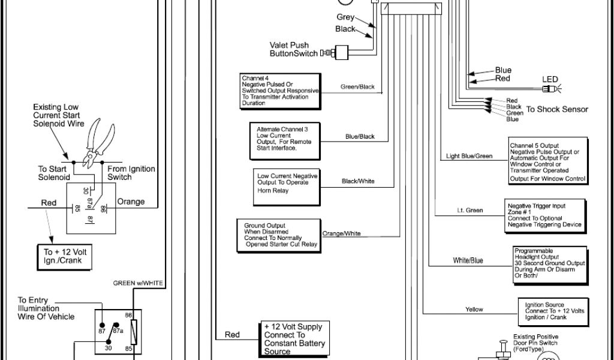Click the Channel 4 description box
279,91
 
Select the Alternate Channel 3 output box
285,139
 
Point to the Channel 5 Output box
547,161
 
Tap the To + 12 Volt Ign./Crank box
65,256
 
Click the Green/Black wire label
357,87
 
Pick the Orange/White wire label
342,233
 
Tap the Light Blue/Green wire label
469,157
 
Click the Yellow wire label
474,310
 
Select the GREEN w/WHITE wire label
138,283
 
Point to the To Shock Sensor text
557,110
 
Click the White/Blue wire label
468,261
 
